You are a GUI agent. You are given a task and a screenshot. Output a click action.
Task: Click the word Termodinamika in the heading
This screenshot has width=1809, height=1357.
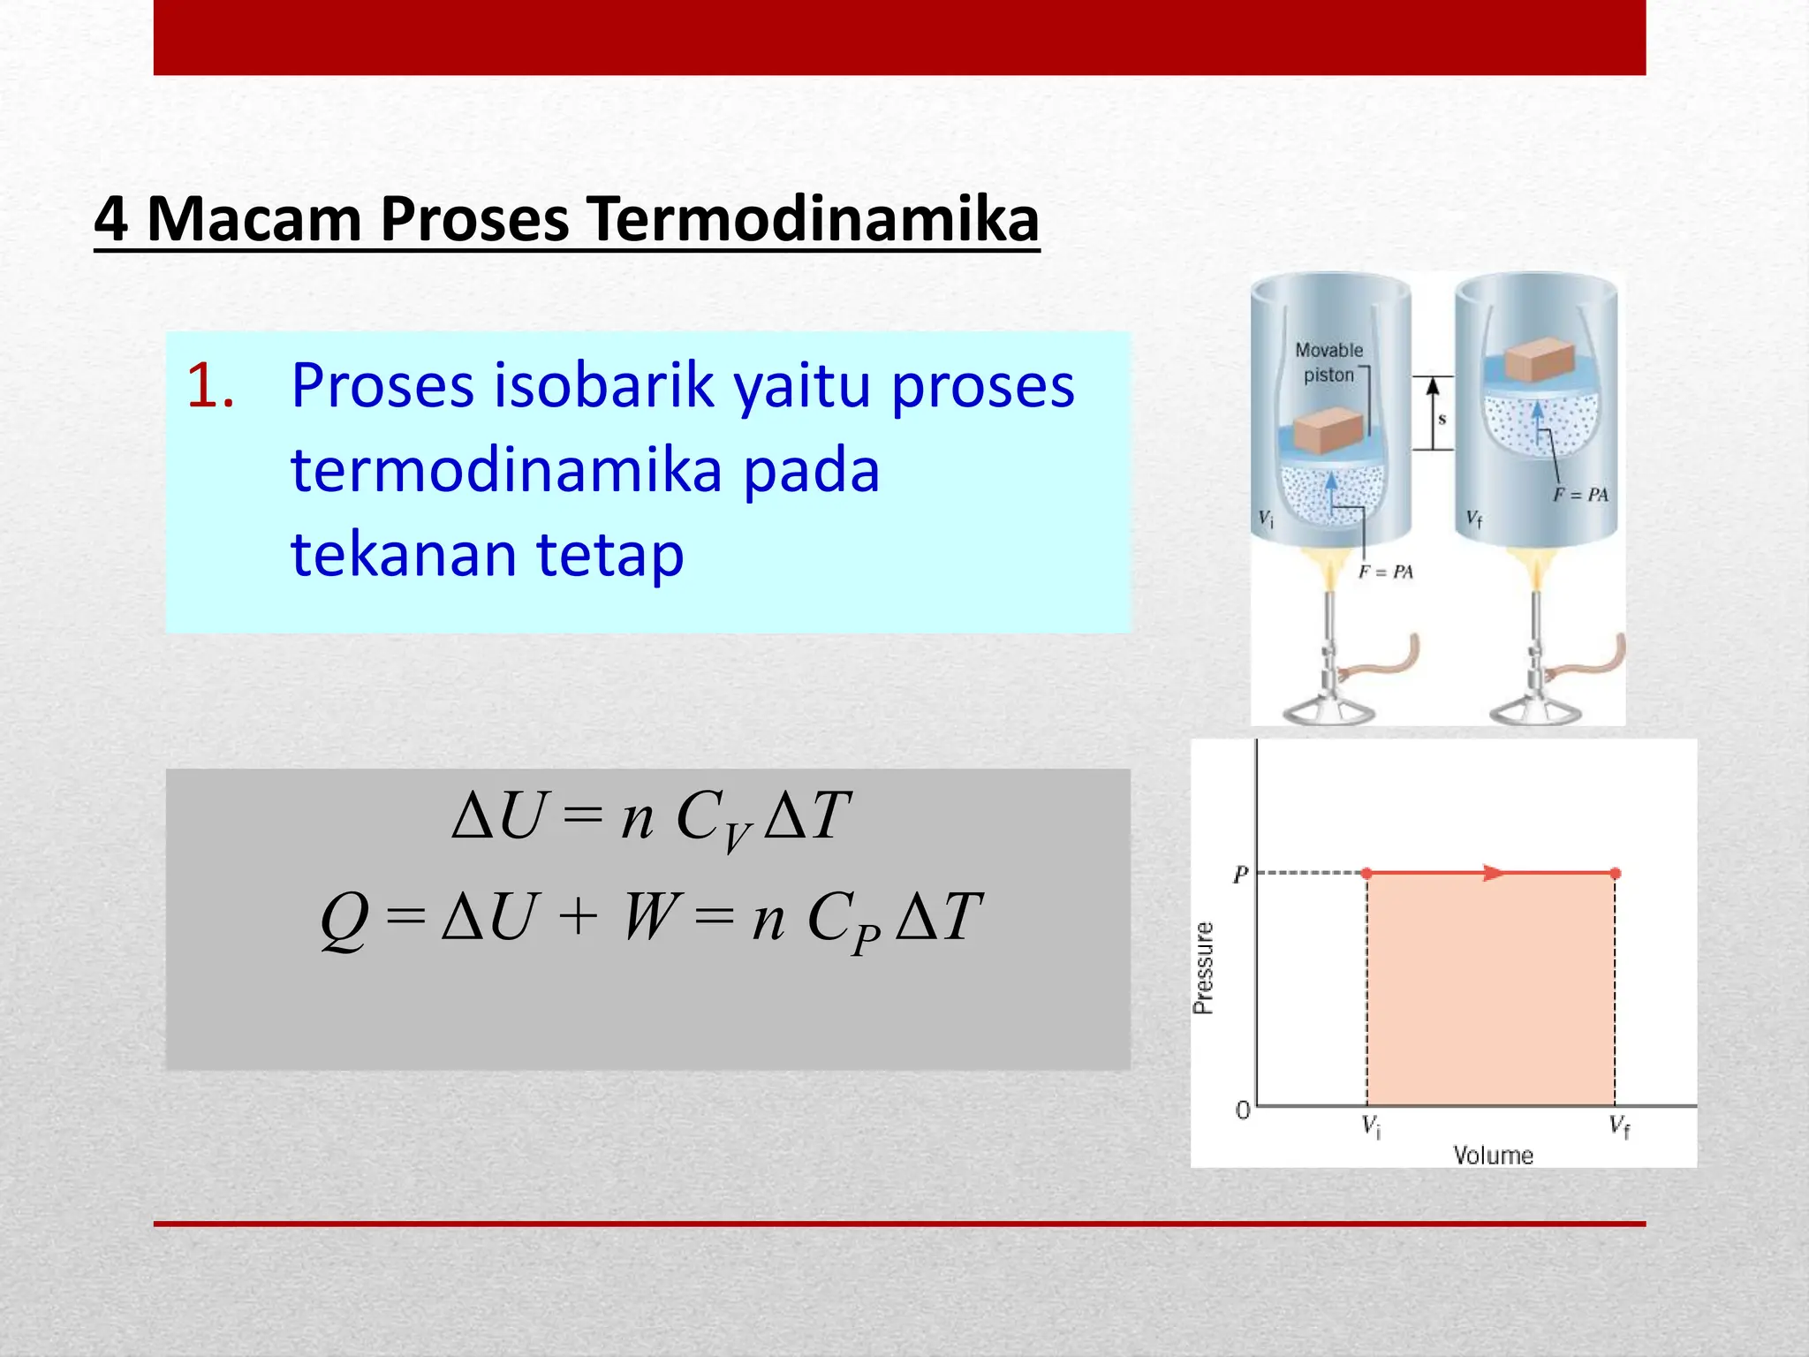813,219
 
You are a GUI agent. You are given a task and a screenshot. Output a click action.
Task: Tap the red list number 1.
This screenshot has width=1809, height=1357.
209,387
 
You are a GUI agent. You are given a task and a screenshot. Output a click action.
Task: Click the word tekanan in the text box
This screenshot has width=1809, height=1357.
404,555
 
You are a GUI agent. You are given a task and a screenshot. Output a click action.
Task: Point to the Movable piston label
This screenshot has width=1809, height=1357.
1328,362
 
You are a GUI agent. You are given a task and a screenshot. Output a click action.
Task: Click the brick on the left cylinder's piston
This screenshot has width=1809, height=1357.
1328,432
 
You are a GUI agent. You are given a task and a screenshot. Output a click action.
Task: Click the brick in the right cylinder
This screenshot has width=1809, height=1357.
1539,360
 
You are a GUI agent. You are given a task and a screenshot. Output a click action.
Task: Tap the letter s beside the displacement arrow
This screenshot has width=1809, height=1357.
1442,419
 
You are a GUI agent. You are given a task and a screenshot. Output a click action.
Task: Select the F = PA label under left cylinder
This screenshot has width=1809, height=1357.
1385,572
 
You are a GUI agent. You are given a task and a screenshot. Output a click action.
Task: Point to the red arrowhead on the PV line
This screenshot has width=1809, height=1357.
1492,873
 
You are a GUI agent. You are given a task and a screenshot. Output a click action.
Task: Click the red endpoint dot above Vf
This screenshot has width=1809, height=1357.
1615,873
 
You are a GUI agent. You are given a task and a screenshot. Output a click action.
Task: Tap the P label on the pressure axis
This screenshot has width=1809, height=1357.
1240,875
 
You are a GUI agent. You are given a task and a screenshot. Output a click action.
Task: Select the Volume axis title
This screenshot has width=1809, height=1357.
1493,1155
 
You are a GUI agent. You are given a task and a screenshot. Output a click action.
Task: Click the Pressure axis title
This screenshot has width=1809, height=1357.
1203,967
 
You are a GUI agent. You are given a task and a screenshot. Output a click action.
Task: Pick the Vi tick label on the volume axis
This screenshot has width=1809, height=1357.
1371,1126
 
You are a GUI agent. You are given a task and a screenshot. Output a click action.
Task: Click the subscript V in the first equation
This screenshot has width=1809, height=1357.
736,835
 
